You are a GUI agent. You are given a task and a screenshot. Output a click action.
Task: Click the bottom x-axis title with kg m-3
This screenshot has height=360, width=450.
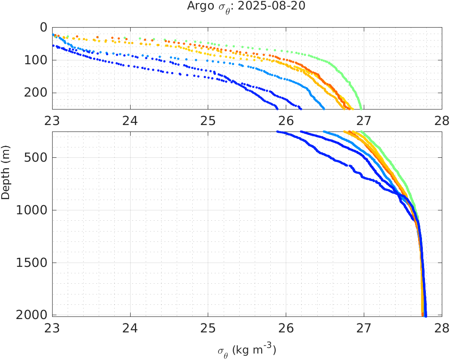click(246, 351)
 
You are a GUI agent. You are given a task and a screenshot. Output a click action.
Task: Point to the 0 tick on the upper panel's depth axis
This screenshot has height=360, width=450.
click(43, 27)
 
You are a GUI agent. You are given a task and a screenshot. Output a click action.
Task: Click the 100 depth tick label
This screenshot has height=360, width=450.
click(36, 60)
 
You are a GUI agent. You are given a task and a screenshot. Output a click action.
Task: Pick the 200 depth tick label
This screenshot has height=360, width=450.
click(36, 93)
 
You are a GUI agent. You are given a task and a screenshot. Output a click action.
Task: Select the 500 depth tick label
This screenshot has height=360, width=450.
click(36, 157)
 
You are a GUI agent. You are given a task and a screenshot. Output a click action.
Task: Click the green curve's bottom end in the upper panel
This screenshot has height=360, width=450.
click(361, 108)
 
